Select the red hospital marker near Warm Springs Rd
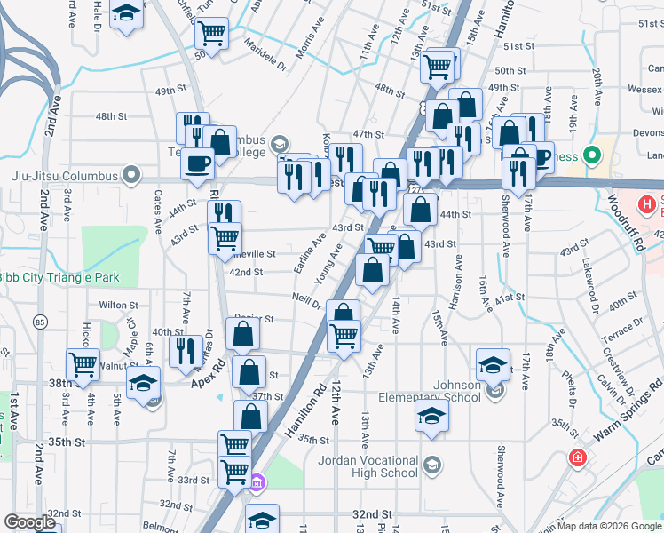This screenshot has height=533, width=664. tap(577, 458)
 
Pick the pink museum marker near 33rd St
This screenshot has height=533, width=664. tap(257, 483)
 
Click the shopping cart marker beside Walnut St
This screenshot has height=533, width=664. tap(82, 363)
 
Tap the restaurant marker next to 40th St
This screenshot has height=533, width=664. tap(185, 348)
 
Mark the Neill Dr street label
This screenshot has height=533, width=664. tap(306, 300)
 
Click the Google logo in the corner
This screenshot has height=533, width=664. tap(29, 522)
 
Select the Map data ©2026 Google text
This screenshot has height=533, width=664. tap(609, 526)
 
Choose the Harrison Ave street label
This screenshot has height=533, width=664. tap(457, 282)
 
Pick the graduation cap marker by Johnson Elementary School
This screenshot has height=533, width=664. tap(431, 414)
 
